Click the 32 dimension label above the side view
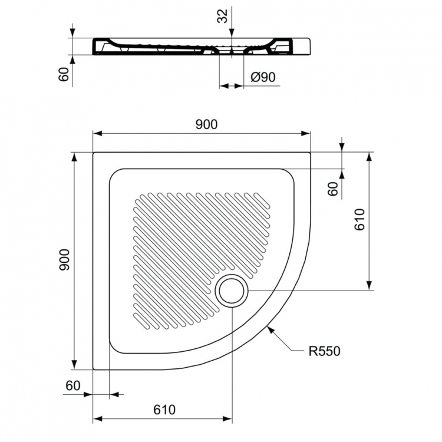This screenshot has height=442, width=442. pos(222,16)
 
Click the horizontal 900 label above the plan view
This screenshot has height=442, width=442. pos(206,124)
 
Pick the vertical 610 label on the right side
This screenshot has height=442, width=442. pos(361,220)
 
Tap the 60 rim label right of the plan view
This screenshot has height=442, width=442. pos(332,189)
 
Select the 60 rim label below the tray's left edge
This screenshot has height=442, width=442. pos(72,386)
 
